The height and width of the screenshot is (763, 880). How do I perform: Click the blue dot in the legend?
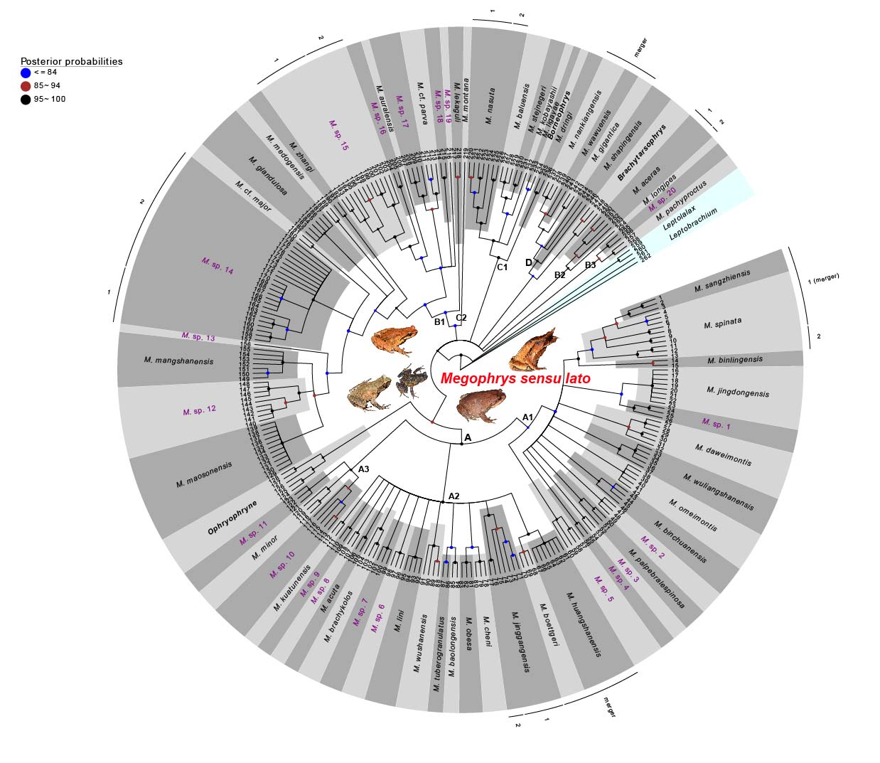pyautogui.click(x=26, y=73)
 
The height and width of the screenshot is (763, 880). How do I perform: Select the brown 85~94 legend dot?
pyautogui.click(x=26, y=86)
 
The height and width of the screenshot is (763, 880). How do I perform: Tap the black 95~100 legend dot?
pyautogui.click(x=26, y=100)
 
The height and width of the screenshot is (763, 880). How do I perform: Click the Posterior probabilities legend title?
pyautogui.click(x=71, y=61)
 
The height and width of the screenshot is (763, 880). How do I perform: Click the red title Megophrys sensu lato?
pyautogui.click(x=515, y=378)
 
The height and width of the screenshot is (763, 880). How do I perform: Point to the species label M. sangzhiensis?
pyautogui.click(x=722, y=282)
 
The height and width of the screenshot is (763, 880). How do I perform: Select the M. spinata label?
pyautogui.click(x=722, y=324)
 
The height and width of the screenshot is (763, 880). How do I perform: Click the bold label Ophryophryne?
pyautogui.click(x=232, y=517)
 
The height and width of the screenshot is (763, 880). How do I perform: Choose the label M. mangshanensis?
pyautogui.click(x=178, y=361)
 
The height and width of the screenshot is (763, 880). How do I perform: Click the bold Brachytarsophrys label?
pyautogui.click(x=641, y=153)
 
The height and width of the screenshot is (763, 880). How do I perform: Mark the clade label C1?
pyautogui.click(x=502, y=267)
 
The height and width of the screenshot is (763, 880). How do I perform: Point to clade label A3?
pyautogui.click(x=363, y=469)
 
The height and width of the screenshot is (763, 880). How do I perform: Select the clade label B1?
pyautogui.click(x=439, y=322)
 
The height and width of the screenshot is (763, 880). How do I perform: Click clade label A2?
pyautogui.click(x=454, y=496)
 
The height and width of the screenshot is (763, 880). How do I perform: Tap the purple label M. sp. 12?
pyautogui.click(x=199, y=411)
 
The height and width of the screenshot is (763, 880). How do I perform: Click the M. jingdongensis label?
pyautogui.click(x=738, y=391)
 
